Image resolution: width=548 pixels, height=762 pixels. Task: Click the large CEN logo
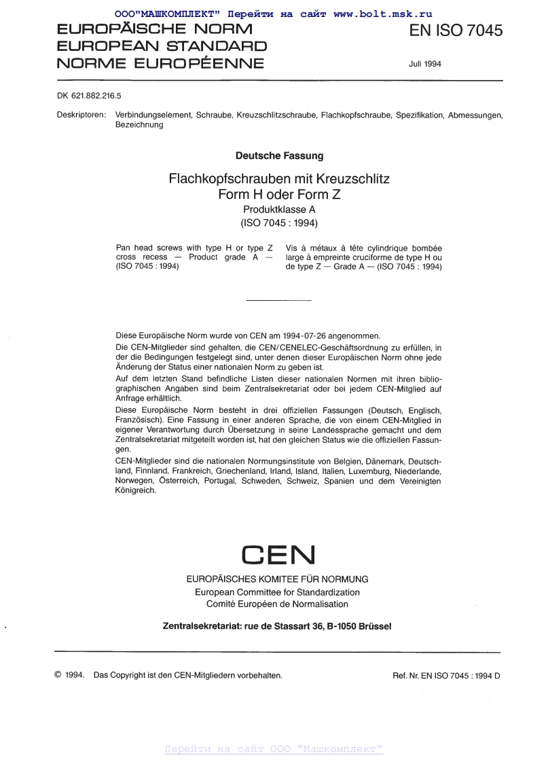[x=278, y=555]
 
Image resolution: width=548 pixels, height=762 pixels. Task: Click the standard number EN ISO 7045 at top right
[x=456, y=31]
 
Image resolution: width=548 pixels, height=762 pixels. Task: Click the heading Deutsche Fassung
[x=279, y=156]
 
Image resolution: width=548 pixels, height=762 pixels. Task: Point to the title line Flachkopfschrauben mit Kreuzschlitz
[x=279, y=180]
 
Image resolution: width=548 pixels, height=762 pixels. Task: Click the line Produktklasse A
[x=279, y=210]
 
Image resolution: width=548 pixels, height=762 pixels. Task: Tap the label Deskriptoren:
[x=81, y=115]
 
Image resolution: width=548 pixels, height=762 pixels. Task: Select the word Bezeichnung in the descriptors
[x=140, y=125]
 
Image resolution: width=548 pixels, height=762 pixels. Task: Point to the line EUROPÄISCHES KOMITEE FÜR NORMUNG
[x=278, y=579]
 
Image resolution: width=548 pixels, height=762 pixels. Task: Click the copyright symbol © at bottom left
[x=58, y=676]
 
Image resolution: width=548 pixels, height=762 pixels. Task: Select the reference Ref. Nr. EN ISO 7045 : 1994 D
[x=446, y=676]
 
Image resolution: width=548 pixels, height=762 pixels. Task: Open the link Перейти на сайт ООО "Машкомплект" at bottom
[x=274, y=749]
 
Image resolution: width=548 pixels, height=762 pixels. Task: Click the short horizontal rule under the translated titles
[x=278, y=300]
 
